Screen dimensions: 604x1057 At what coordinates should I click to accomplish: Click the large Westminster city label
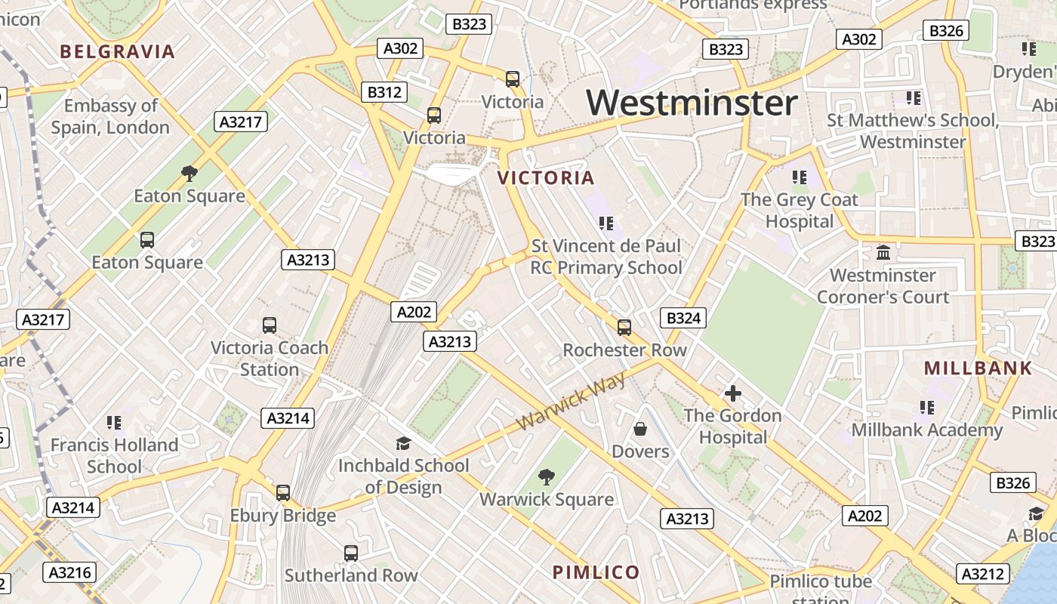pyautogui.click(x=692, y=103)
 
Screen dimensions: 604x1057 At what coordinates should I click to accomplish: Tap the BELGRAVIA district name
pyautogui.click(x=117, y=52)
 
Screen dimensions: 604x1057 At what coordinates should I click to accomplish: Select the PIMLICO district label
pyautogui.click(x=596, y=572)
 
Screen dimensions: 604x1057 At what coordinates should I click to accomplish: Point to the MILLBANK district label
pyautogui.click(x=978, y=368)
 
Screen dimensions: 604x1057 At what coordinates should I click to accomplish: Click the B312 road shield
pyautogui.click(x=384, y=92)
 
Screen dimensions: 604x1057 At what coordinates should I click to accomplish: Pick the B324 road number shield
pyautogui.click(x=683, y=318)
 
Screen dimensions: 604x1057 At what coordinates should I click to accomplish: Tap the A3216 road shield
pyautogui.click(x=70, y=572)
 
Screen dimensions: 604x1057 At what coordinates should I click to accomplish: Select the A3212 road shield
pyautogui.click(x=983, y=573)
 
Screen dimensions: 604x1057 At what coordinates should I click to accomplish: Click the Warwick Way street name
pyautogui.click(x=572, y=401)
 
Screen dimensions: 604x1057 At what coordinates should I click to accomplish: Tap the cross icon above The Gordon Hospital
pyautogui.click(x=732, y=393)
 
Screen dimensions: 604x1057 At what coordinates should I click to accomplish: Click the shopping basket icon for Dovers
pyautogui.click(x=640, y=430)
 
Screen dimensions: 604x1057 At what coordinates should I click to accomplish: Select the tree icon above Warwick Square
pyautogui.click(x=546, y=476)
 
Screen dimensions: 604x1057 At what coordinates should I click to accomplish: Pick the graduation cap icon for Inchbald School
pyautogui.click(x=403, y=443)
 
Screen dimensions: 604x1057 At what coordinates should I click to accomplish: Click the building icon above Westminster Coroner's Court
pyautogui.click(x=883, y=252)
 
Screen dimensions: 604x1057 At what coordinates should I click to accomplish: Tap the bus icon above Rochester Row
pyautogui.click(x=624, y=328)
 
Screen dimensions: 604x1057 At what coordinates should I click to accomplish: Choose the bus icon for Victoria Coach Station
pyautogui.click(x=270, y=325)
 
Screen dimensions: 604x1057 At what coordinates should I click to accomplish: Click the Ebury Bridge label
pyautogui.click(x=283, y=516)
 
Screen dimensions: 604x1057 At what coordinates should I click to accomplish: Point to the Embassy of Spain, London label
pyautogui.click(x=110, y=116)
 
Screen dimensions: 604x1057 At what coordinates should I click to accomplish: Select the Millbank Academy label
pyautogui.click(x=926, y=430)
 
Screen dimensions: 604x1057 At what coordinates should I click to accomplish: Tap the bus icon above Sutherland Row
pyautogui.click(x=351, y=553)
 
